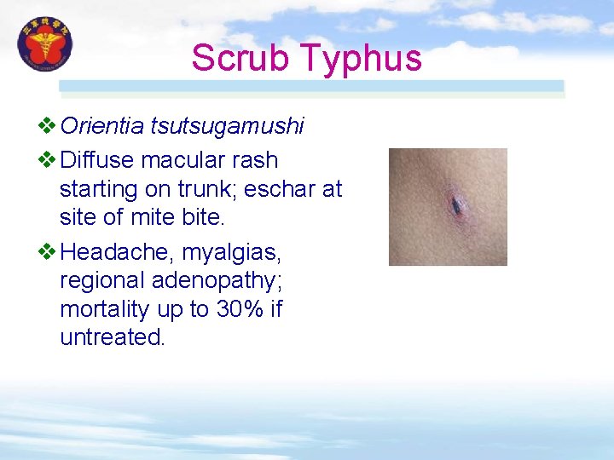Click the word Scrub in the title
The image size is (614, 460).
(x=240, y=58)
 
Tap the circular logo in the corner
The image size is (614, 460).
(x=45, y=46)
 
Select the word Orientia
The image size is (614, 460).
(x=102, y=127)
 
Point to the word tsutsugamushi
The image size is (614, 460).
(x=227, y=127)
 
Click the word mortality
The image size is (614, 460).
(x=108, y=309)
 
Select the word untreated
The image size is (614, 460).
(x=111, y=337)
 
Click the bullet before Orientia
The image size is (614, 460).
(x=48, y=127)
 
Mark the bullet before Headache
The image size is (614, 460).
(x=48, y=252)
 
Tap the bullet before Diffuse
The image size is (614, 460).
(x=48, y=159)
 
